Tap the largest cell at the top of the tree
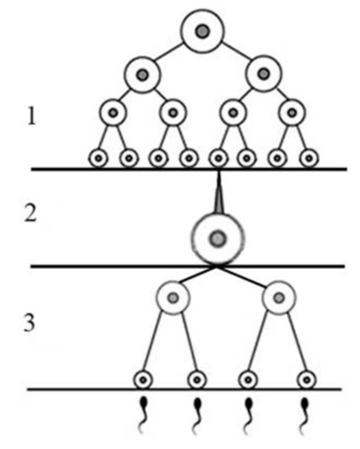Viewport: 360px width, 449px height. point(202,31)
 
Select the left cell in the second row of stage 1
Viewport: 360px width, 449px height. point(142,75)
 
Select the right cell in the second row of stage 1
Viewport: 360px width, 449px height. point(263,75)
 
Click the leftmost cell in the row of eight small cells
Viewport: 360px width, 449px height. point(99,158)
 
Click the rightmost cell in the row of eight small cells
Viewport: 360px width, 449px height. point(309,158)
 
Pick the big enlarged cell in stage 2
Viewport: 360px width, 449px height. point(218,238)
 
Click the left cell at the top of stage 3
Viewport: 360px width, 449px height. point(173,298)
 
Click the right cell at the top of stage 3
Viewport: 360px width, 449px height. point(279,298)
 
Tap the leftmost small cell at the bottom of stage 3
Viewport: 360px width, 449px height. point(143,379)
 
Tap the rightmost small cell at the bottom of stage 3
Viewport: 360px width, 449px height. point(305,379)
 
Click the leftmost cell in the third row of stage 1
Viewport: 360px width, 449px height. point(113,113)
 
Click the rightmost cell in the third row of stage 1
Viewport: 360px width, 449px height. point(292,113)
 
